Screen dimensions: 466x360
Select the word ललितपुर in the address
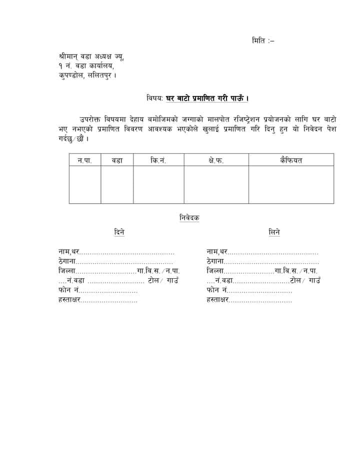101,76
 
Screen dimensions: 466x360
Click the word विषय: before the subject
155,99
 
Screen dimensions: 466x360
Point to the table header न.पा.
84,160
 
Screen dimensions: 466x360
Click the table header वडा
117,160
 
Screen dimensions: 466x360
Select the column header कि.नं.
158,160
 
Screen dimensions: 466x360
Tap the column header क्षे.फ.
216,160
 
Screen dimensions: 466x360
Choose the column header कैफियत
291,160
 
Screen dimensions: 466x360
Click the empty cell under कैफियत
291,184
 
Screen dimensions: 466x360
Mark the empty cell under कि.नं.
158,184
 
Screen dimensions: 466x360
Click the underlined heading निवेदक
189,218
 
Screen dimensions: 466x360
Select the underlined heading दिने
119,233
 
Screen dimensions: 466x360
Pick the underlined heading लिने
274,233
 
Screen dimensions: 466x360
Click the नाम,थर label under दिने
68,252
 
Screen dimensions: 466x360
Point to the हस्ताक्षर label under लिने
218,300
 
